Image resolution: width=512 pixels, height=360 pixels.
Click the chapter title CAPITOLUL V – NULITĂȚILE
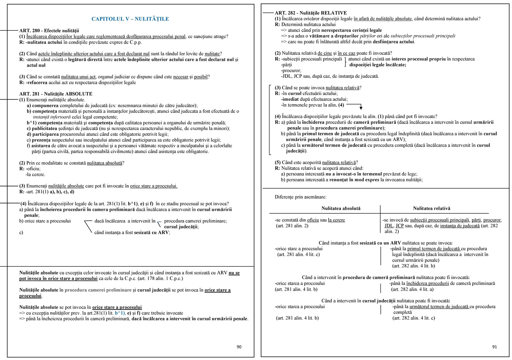tap(130, 19)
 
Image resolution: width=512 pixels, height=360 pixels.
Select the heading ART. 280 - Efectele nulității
tap(49, 31)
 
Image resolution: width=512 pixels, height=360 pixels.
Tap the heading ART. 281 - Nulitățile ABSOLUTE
tap(56, 94)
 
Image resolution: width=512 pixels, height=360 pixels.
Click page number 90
tap(239, 347)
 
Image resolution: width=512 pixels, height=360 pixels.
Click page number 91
tap(494, 347)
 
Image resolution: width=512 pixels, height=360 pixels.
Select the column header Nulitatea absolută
tap(341, 209)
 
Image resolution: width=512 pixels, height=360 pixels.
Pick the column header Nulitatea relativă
tap(431, 209)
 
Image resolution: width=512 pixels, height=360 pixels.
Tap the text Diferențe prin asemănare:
tap(300, 197)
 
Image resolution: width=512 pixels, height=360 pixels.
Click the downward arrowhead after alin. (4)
tap(361, 108)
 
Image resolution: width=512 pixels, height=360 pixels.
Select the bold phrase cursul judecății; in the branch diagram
tap(181, 227)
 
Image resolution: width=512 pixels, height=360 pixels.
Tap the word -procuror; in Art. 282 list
tap(291, 70)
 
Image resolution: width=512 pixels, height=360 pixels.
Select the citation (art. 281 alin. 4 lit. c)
tap(298, 254)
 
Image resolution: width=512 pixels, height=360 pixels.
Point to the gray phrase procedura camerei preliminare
tap(98, 290)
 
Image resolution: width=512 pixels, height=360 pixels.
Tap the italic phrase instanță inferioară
tap(52, 117)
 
